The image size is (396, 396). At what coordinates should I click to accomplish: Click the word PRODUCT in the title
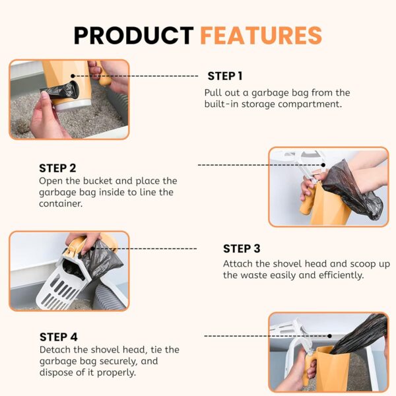tap(133, 36)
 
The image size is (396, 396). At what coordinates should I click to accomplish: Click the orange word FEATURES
tap(261, 36)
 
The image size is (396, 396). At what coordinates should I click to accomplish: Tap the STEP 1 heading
tap(225, 76)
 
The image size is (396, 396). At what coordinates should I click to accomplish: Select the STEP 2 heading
tap(57, 168)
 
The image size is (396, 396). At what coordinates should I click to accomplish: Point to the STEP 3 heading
tap(242, 249)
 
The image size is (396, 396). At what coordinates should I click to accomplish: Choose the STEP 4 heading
tap(59, 337)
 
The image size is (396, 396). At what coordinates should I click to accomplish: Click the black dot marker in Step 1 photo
tap(73, 76)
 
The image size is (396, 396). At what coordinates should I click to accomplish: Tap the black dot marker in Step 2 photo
tap(323, 165)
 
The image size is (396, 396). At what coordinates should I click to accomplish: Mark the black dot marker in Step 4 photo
tap(329, 336)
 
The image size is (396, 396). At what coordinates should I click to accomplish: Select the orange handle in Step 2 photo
tap(308, 200)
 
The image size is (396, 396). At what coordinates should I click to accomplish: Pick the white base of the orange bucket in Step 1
tap(73, 106)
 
